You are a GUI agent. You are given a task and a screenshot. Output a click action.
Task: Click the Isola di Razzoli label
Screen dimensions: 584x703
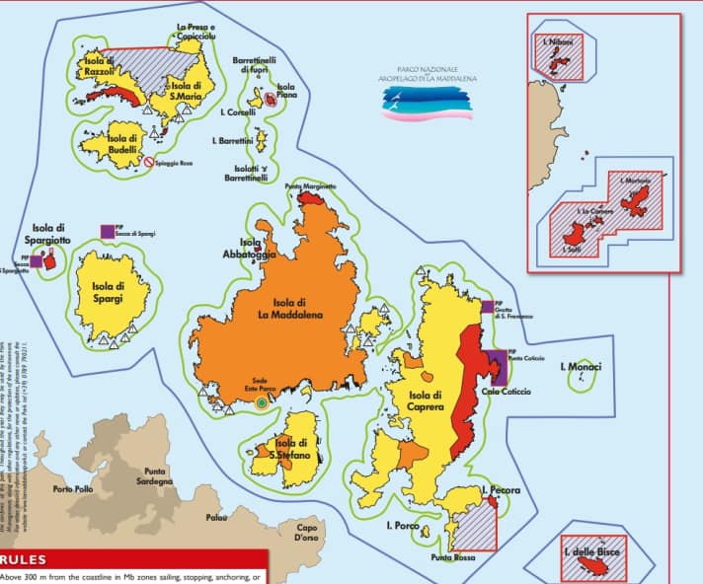(100, 67)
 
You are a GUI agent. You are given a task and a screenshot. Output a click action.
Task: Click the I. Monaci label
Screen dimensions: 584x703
(581, 367)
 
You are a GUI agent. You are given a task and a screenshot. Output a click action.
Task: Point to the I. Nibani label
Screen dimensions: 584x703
(558, 41)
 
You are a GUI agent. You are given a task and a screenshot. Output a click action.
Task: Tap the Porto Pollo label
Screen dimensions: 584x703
(73, 489)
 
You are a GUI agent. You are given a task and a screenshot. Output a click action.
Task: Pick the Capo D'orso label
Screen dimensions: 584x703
(309, 533)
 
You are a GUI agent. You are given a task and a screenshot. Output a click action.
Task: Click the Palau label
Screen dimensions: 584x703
(217, 517)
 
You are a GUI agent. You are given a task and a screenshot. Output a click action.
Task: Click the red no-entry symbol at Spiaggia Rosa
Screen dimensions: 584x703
(149, 162)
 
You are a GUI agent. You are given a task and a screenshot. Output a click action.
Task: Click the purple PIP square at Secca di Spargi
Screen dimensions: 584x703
(106, 230)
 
